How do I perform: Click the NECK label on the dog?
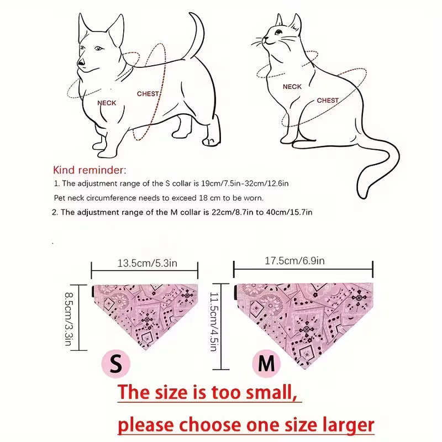[x=107, y=103]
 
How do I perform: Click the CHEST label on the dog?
[x=148, y=93]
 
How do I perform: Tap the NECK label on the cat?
[x=292, y=87]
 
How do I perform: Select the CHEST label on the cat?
[x=328, y=101]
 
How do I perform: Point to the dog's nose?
[x=81, y=62]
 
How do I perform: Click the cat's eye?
[x=278, y=32]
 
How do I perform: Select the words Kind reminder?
[x=90, y=170]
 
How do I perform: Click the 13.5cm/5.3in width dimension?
[x=147, y=264]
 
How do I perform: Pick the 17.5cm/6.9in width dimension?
[x=294, y=261]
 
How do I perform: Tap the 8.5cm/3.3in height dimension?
[x=70, y=319]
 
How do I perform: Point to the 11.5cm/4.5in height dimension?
[x=214, y=322]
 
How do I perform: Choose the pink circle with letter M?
[x=266, y=364]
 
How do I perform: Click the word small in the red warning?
[x=271, y=392]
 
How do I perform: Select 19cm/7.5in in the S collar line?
[x=220, y=183]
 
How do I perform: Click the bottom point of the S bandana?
[x=145, y=350]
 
